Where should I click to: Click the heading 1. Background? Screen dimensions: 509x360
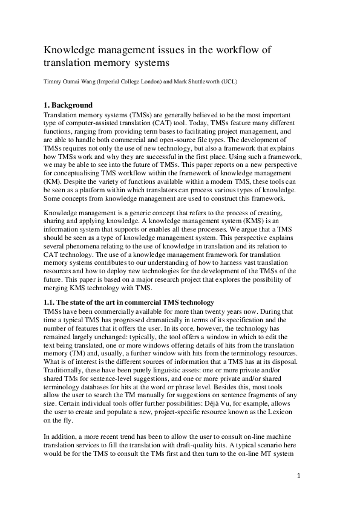(x=68, y=105)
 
